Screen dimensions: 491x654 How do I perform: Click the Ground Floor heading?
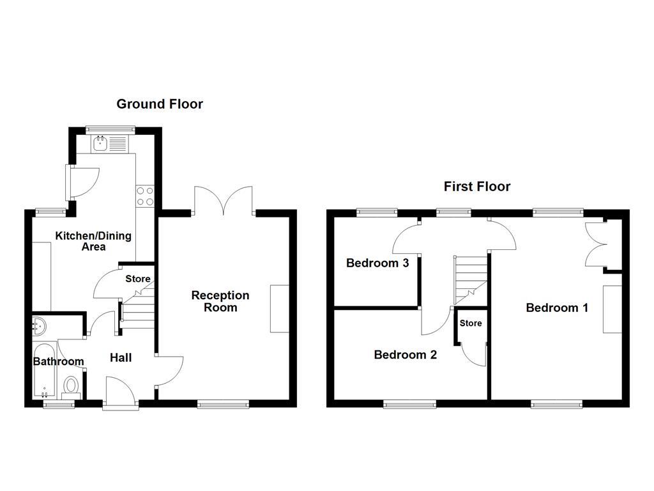[160, 104]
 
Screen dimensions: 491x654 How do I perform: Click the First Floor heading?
[477, 187]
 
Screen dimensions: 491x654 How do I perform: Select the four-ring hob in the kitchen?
[145, 195]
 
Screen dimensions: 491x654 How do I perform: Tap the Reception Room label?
[220, 301]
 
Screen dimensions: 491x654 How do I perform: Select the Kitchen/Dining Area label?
[93, 241]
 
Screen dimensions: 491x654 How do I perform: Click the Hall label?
[121, 357]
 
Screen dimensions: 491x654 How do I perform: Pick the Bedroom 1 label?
[557, 308]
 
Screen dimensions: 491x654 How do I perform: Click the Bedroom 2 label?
[406, 354]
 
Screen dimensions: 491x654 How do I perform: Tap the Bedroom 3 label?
[377, 263]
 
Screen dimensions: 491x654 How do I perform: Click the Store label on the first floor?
[471, 323]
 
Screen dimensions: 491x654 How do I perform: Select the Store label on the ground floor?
[138, 279]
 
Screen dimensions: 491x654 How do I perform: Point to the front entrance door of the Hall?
[120, 391]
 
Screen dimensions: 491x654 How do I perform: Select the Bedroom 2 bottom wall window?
[409, 403]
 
